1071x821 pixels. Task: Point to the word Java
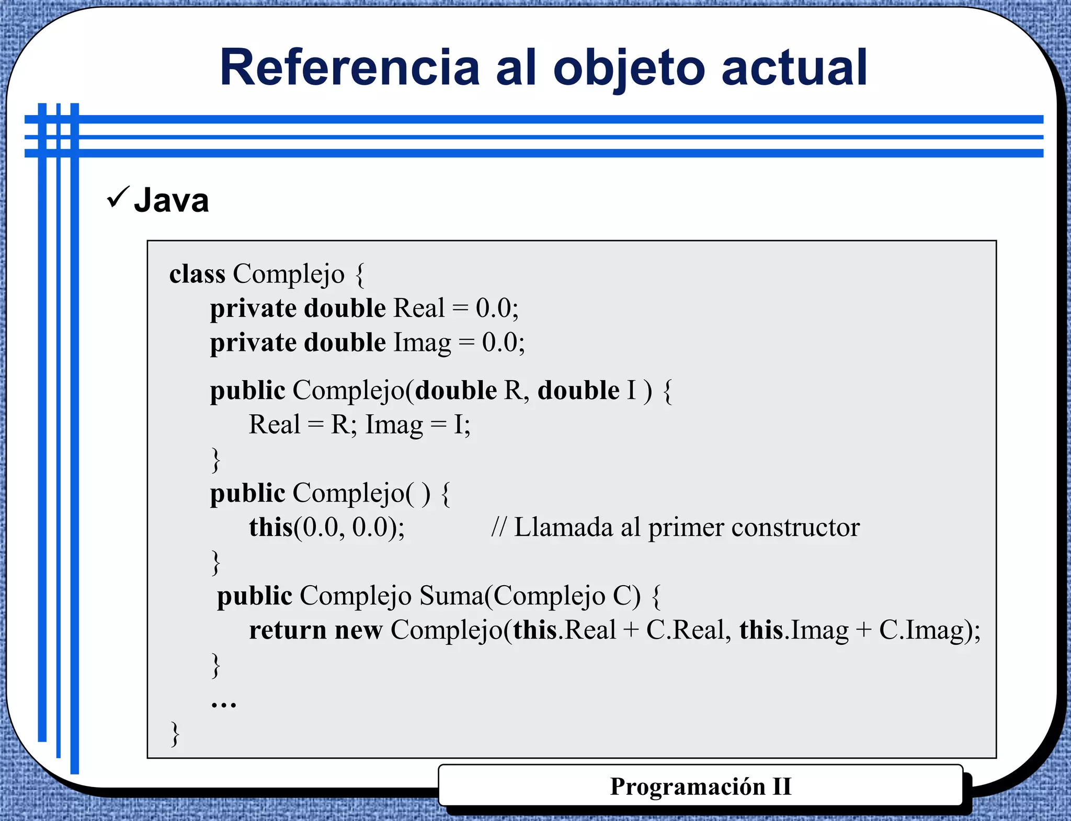(172, 200)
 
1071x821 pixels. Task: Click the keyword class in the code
(197, 273)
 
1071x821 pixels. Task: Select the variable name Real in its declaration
(418, 308)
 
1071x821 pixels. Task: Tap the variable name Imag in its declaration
(421, 343)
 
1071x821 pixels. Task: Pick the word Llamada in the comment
(563, 527)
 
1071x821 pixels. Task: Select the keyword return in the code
(288, 630)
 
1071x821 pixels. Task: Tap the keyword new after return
(359, 630)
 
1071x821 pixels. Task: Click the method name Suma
(451, 596)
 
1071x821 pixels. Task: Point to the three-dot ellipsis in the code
(224, 704)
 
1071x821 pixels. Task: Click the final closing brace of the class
(175, 734)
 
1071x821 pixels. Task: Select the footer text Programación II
(701, 786)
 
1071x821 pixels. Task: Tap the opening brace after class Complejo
(359, 275)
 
